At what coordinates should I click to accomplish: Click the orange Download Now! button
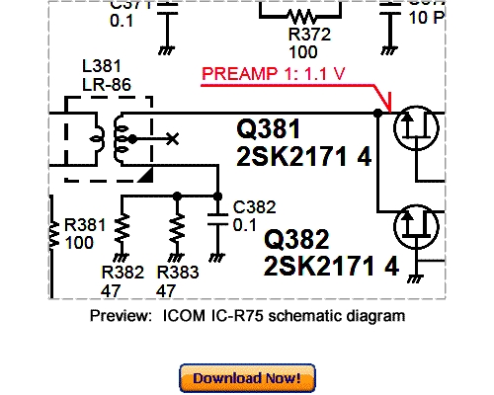pos(247,377)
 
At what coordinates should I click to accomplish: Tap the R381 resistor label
pos(85,224)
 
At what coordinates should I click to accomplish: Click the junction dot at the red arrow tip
pos(378,114)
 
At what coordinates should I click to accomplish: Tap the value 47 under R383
pos(166,290)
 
